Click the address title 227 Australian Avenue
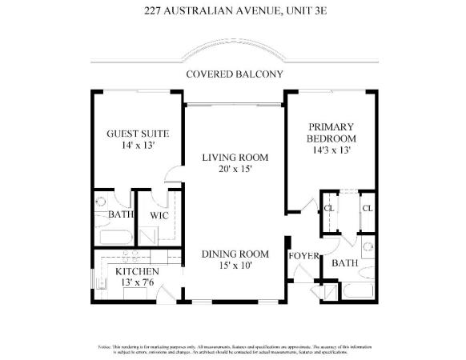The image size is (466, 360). click(232, 10)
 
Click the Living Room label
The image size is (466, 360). click(234, 158)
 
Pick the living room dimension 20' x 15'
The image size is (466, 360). click(234, 170)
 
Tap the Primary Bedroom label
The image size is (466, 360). click(332, 132)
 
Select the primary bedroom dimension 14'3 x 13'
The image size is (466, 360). click(332, 150)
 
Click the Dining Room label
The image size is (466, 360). click(233, 254)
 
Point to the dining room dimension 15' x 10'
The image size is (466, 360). click(233, 266)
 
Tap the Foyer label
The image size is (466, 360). click(304, 256)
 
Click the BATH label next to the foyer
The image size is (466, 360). click(344, 262)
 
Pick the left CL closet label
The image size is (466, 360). click(328, 209)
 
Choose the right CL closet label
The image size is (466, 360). click(367, 209)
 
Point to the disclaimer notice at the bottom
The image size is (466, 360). click(233, 348)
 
